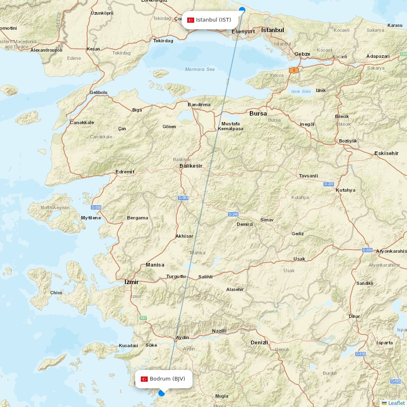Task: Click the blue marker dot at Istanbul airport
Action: pyautogui.click(x=242, y=9)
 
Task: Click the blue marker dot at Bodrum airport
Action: pyautogui.click(x=162, y=393)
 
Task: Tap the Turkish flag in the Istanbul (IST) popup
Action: pyautogui.click(x=190, y=20)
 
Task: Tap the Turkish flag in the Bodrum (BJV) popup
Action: pyautogui.click(x=144, y=379)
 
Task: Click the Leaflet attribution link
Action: pyautogui.click(x=396, y=403)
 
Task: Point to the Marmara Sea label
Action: pyautogui.click(x=200, y=69)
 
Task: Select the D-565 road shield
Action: pyautogui.click(x=183, y=198)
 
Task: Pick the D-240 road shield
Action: pyautogui.click(x=233, y=214)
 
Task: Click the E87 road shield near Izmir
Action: pyautogui.click(x=143, y=318)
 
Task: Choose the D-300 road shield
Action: pyautogui.click(x=367, y=250)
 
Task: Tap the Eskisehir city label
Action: pyautogui.click(x=386, y=153)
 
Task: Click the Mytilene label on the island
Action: pyautogui.click(x=91, y=218)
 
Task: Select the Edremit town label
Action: pyautogui.click(x=125, y=172)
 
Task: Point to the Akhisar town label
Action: pyautogui.click(x=184, y=236)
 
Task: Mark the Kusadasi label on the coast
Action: pyautogui.click(x=128, y=346)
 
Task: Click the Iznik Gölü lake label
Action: pyautogui.click(x=301, y=92)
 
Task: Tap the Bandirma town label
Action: pyautogui.click(x=199, y=105)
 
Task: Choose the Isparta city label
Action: pyautogui.click(x=385, y=343)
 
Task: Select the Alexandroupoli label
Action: pyautogui.click(x=46, y=50)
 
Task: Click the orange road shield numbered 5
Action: pyautogui.click(x=294, y=70)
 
